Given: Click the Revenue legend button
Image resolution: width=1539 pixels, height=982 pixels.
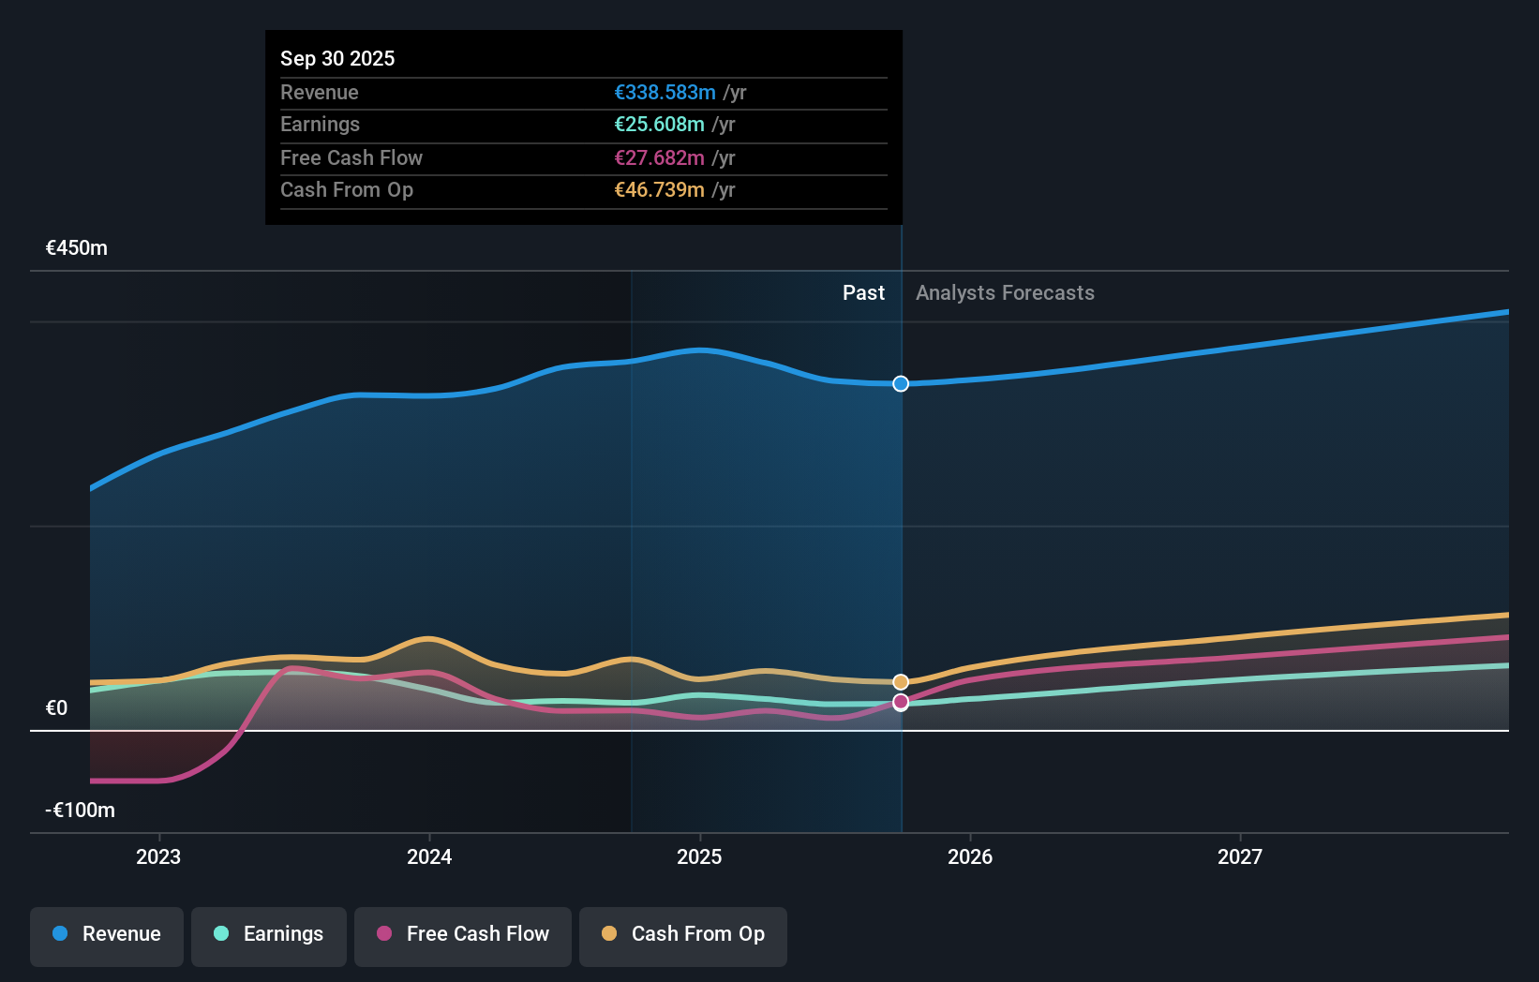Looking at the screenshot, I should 107,934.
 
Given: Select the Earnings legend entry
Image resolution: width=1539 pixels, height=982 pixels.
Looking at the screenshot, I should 269,934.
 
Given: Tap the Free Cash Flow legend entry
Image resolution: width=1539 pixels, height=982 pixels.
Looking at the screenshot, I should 463,934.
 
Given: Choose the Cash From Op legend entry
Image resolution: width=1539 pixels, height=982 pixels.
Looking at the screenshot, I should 683,934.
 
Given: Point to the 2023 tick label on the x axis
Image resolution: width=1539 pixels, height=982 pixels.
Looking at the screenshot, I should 158,856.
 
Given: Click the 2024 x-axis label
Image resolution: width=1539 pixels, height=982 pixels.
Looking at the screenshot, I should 429,856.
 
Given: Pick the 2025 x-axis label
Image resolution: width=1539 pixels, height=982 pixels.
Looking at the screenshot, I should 699,856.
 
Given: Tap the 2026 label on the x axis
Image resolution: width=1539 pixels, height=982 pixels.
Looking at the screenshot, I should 970,856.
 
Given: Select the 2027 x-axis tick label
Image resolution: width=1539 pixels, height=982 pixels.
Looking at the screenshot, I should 1240,856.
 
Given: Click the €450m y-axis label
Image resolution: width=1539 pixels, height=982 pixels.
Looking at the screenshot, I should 77,248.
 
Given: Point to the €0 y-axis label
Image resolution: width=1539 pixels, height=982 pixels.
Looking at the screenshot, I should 57,708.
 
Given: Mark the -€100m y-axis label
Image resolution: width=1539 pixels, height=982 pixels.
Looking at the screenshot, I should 81,811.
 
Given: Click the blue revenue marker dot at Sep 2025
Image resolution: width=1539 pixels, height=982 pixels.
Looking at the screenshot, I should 901,383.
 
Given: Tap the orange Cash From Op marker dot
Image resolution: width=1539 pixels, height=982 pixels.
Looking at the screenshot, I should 901,682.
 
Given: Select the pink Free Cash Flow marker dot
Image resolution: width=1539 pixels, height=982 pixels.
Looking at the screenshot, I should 901,702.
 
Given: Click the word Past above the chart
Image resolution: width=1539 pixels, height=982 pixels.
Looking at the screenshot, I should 863,293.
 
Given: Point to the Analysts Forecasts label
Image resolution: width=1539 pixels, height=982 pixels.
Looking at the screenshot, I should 1005,293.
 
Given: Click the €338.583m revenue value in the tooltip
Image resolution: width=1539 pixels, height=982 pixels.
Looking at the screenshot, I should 665,93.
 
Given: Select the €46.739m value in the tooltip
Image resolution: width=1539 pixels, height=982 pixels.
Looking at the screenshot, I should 659,190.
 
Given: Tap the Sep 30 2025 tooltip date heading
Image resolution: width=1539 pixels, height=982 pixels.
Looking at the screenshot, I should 337,58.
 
